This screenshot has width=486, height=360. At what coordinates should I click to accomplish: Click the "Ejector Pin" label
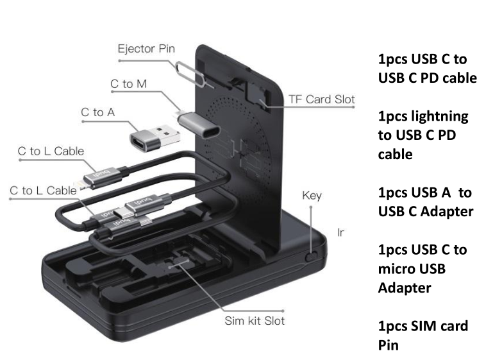[146, 49]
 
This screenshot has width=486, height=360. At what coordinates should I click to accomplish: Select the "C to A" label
[97, 112]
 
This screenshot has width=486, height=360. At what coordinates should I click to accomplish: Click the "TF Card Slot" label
[321, 99]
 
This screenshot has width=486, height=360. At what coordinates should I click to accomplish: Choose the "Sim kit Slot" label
[255, 320]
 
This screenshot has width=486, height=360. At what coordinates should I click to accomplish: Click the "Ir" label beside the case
[341, 232]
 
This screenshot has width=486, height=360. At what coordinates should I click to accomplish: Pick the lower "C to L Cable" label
[43, 191]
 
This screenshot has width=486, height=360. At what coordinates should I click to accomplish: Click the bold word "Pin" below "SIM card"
[388, 345]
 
